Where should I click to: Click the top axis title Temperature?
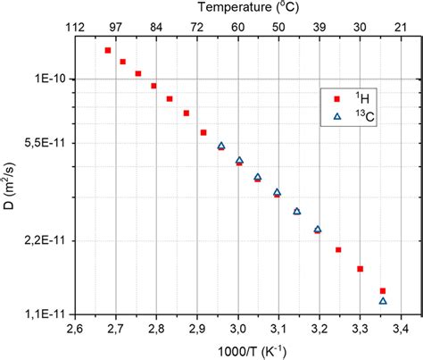point(236,9)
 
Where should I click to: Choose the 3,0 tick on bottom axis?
point(237,329)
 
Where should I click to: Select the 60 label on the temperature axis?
point(237,27)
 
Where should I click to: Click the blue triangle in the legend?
point(337,116)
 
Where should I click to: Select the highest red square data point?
point(108,51)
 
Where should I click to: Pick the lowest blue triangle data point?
point(383,301)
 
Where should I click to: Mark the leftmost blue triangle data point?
point(221,146)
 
